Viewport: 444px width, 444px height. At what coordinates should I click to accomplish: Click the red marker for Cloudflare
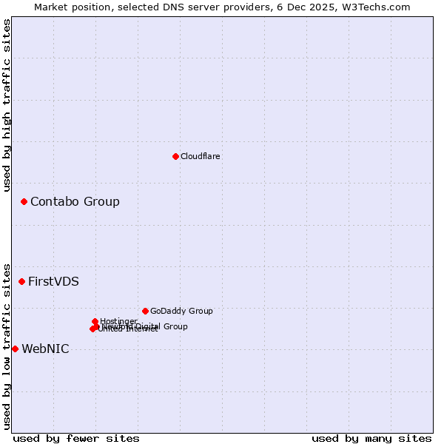point(175,156)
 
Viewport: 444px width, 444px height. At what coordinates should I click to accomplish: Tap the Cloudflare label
point(201,156)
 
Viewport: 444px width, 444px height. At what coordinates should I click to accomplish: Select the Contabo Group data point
point(24,201)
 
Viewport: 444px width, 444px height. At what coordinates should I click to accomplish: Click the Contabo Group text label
point(75,201)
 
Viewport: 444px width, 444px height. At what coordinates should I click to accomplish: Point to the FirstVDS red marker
point(21,281)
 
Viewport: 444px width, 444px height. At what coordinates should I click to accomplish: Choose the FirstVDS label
point(53,281)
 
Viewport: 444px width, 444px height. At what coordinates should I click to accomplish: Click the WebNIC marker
point(15,349)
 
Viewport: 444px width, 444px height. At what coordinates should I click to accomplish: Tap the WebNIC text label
point(45,349)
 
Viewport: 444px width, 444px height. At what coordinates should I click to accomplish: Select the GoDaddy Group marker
point(145,311)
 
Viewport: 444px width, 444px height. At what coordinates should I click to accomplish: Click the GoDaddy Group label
point(181,311)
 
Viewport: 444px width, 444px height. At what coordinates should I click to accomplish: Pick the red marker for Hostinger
point(95,321)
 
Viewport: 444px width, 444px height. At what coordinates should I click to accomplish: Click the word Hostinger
point(119,320)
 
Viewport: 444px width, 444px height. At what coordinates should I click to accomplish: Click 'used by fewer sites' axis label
point(76,438)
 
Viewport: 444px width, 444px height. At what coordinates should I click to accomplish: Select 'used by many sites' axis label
point(371,438)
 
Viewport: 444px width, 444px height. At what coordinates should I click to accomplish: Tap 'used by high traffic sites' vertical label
point(7,105)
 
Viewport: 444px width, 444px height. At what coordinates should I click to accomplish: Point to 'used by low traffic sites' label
point(7,346)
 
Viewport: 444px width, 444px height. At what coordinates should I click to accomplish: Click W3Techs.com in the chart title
point(380,7)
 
